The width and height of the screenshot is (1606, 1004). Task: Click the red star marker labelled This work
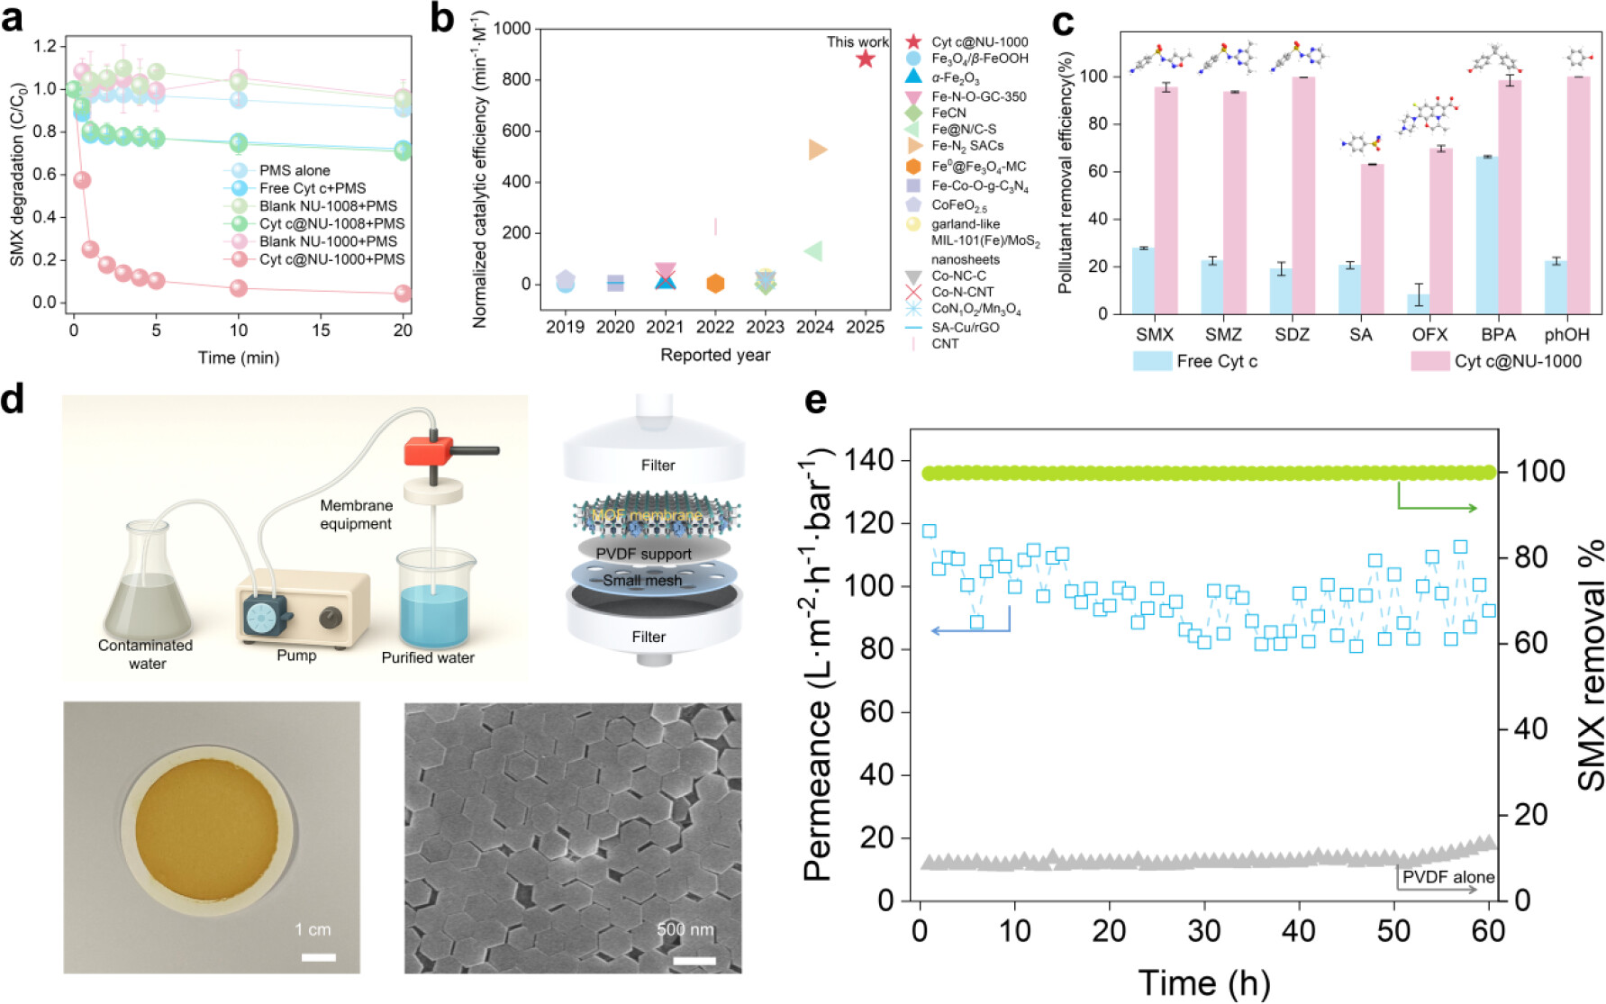pos(865,59)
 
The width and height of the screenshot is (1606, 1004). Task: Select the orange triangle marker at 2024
pos(817,149)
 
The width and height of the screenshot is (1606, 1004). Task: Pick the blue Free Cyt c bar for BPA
pos(1487,235)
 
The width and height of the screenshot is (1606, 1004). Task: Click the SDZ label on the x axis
pos(1292,335)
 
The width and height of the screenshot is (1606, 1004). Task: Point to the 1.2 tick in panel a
pos(45,46)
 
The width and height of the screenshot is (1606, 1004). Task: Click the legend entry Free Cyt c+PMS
pos(313,188)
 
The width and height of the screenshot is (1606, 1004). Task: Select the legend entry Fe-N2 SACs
pos(967,146)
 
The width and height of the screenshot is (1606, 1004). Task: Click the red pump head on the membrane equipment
pos(428,450)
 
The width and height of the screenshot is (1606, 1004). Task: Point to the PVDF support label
pos(643,554)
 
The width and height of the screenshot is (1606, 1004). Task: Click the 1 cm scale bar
pos(318,957)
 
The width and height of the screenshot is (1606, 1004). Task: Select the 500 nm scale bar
pos(694,961)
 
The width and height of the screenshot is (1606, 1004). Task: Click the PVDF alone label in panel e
pos(1447,877)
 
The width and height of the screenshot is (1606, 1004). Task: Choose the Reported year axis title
pos(715,355)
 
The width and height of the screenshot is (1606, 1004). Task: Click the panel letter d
pos(13,399)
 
